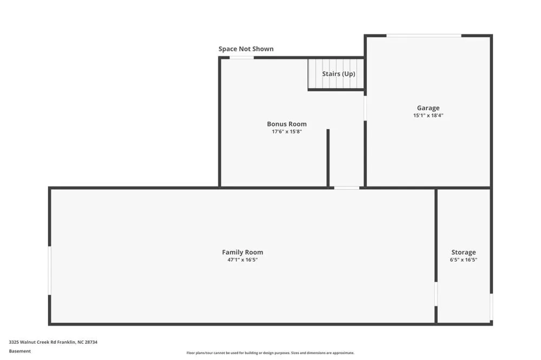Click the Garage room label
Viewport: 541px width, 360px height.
[428, 108]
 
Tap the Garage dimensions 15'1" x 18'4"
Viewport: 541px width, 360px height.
[428, 116]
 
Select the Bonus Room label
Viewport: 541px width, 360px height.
[287, 124]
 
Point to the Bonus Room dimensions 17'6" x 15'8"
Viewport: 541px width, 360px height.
[287, 131]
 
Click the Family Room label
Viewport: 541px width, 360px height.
[242, 252]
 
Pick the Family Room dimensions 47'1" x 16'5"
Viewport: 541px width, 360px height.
[242, 259]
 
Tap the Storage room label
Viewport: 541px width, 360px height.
[464, 252]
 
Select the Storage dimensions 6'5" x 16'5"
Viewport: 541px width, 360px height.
[464, 259]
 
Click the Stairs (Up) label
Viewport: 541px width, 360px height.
[339, 74]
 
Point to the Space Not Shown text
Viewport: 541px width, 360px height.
[246, 49]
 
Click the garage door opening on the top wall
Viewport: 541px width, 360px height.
[424, 36]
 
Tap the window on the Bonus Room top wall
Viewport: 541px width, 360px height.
[241, 58]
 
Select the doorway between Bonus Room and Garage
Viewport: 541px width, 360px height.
[365, 108]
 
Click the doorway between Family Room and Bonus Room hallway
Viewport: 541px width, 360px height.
[347, 188]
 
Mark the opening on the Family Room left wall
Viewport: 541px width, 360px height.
[50, 270]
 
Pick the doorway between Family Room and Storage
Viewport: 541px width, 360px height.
[436, 294]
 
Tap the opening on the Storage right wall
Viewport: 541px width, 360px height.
[491, 307]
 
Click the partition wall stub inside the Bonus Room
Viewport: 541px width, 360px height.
[328, 158]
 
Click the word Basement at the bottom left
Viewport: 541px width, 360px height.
[19, 351]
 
